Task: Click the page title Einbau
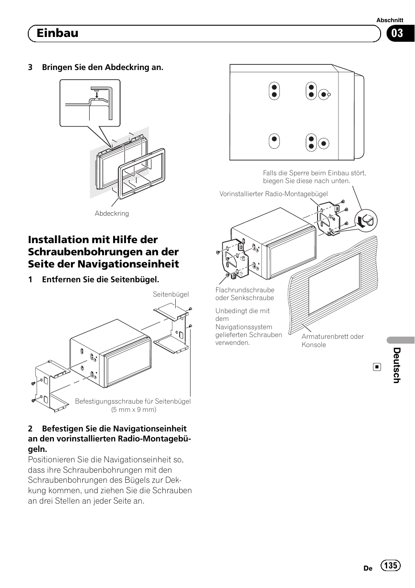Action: click(57, 33)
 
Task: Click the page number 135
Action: click(391, 565)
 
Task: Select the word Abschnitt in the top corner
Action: click(389, 20)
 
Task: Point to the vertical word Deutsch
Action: click(396, 365)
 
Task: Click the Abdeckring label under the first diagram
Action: click(112, 214)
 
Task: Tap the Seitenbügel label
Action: click(171, 294)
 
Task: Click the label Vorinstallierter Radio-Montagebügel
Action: click(274, 194)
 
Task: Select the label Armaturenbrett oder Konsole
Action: click(332, 341)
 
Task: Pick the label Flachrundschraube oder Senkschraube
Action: click(245, 294)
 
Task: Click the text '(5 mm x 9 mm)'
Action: click(134, 409)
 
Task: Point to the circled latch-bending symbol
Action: click(366, 221)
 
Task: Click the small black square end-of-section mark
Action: click(377, 367)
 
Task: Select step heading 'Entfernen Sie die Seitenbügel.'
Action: click(100, 279)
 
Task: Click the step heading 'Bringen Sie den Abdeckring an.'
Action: click(103, 67)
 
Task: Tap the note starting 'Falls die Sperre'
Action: click(314, 177)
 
